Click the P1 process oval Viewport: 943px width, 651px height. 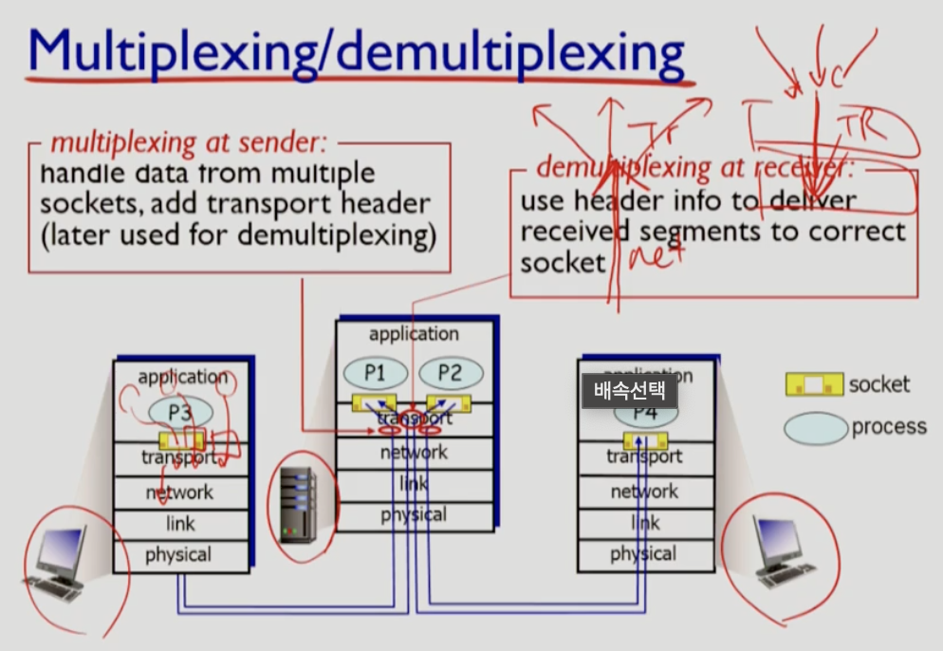(375, 372)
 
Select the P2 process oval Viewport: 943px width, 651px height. (450, 372)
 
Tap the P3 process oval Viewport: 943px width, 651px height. (180, 412)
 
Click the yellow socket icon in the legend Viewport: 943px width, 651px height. (813, 384)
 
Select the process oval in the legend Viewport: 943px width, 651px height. (815, 428)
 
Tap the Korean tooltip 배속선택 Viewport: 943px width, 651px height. (630, 390)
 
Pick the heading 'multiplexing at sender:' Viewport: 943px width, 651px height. (188, 142)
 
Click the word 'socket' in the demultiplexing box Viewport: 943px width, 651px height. (562, 262)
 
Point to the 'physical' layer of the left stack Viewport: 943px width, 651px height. (178, 555)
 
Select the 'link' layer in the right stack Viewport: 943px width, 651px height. (645, 523)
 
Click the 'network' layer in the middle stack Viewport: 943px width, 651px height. (414, 452)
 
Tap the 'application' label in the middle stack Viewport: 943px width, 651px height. (414, 333)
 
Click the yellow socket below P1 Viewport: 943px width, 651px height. (374, 402)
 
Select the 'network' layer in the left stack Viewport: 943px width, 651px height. (179, 493)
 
